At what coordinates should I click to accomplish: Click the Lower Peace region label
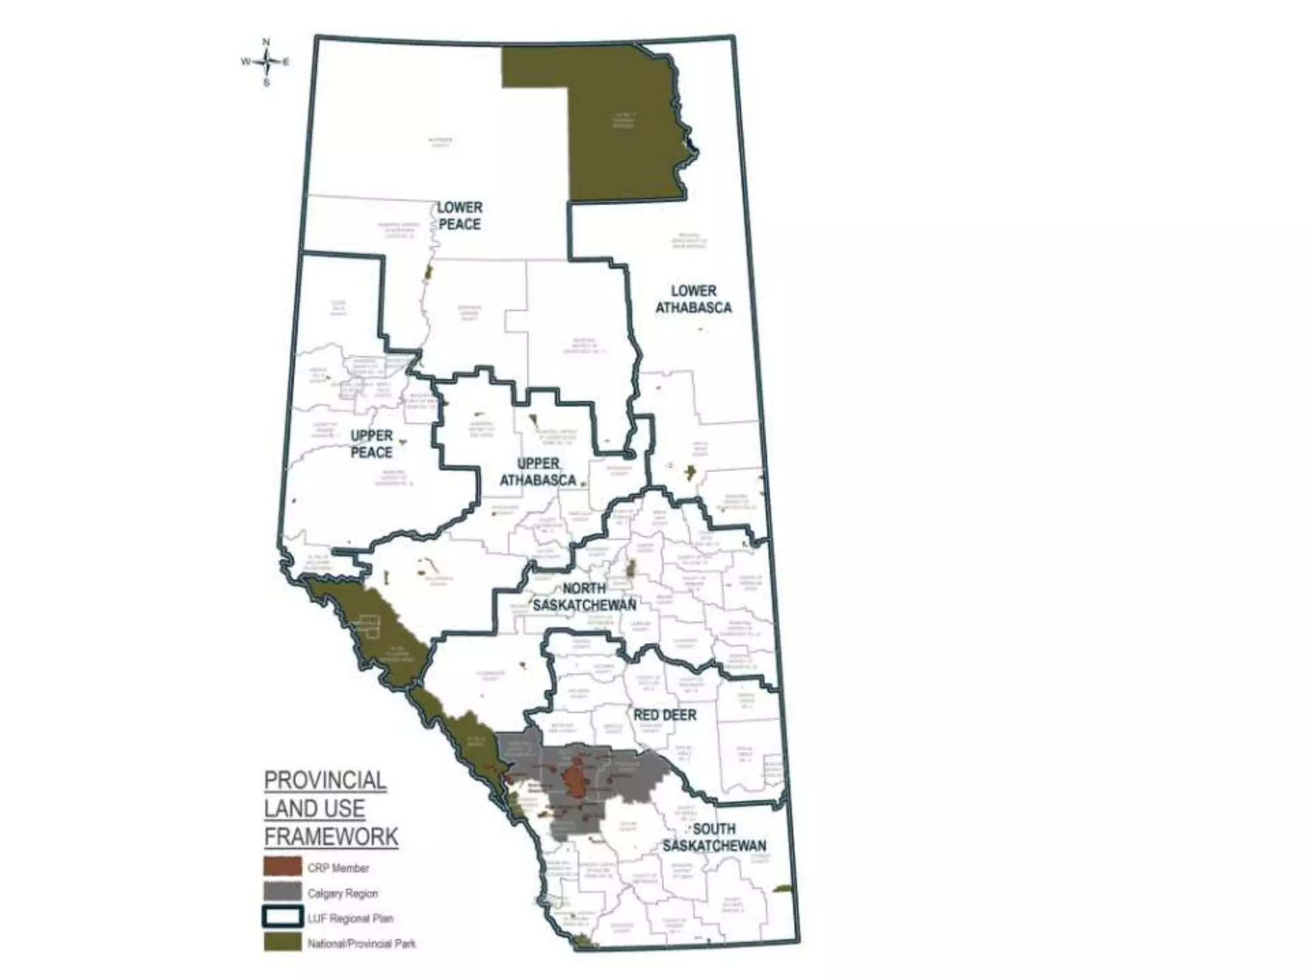pyautogui.click(x=459, y=216)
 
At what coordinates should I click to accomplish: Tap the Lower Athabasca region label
pyautogui.click(x=693, y=299)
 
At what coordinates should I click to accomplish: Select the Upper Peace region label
pyautogui.click(x=372, y=444)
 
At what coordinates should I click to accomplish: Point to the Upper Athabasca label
pyautogui.click(x=538, y=472)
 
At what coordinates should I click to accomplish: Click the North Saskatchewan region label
pyautogui.click(x=584, y=597)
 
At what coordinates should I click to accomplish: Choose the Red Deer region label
pyautogui.click(x=664, y=715)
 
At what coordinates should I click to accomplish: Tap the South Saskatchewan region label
pyautogui.click(x=714, y=837)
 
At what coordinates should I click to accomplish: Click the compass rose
pyautogui.click(x=266, y=62)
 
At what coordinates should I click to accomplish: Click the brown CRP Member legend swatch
pyautogui.click(x=282, y=866)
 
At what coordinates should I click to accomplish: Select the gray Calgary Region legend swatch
pyautogui.click(x=282, y=892)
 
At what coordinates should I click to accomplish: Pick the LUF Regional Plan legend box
pyautogui.click(x=282, y=917)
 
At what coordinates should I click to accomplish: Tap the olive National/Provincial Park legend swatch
pyautogui.click(x=282, y=942)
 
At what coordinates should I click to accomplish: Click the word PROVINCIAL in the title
pyautogui.click(x=325, y=780)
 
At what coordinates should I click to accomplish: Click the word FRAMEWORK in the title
pyautogui.click(x=331, y=836)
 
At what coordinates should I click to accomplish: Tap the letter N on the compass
pyautogui.click(x=266, y=42)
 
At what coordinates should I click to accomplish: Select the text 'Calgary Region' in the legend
pyautogui.click(x=342, y=893)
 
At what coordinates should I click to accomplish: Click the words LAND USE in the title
pyautogui.click(x=314, y=808)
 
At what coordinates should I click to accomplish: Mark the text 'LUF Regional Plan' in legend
pyautogui.click(x=350, y=919)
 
